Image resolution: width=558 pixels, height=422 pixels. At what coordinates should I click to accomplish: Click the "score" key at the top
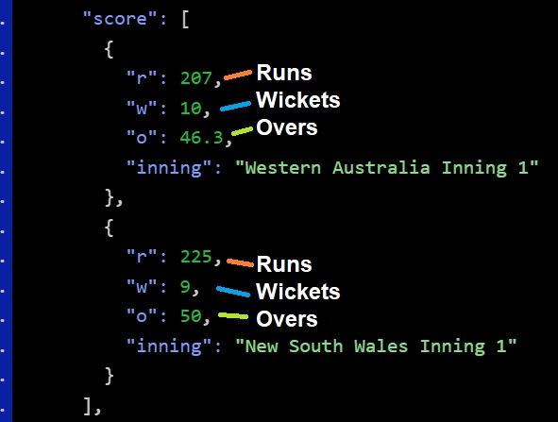[120, 19]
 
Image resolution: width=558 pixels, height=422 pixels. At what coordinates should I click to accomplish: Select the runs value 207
[196, 78]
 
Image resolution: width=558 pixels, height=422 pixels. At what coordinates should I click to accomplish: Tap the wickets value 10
[191, 108]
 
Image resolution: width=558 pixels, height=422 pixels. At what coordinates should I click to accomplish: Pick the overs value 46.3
[201, 137]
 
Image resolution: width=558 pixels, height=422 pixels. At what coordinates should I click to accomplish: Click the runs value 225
[196, 257]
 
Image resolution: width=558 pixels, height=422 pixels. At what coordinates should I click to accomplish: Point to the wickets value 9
[185, 286]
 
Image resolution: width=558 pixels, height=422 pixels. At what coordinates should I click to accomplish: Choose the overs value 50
[191, 316]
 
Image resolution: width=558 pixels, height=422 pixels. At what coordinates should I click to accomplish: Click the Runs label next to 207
[284, 73]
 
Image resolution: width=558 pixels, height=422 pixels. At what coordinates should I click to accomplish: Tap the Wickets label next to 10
[297, 100]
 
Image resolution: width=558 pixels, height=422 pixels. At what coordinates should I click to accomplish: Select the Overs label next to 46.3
[287, 127]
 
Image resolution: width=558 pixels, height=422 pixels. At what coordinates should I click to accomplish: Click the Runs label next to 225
[284, 264]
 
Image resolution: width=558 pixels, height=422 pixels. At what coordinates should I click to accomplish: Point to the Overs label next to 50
[287, 319]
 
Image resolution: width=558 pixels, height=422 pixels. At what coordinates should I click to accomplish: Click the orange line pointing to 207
[238, 76]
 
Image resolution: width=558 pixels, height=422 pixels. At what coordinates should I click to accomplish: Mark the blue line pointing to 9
[233, 291]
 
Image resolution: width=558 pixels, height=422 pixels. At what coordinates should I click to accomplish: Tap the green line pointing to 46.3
[242, 131]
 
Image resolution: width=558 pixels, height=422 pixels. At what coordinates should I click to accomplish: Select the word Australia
[381, 168]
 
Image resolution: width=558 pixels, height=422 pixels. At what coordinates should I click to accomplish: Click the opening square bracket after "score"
[185, 20]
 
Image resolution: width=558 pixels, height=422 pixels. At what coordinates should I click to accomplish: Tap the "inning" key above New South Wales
[169, 346]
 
